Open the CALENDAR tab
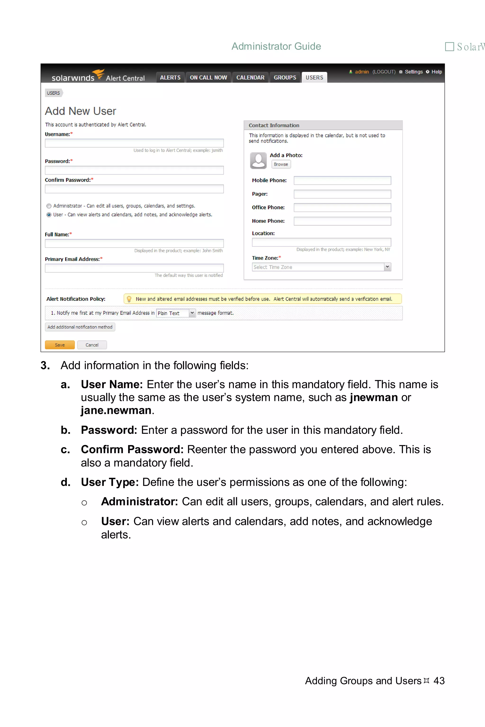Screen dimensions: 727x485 (x=250, y=78)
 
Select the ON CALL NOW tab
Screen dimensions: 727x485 (x=208, y=78)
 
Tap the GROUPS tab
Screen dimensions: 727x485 (x=285, y=78)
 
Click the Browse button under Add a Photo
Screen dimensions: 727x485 (x=281, y=164)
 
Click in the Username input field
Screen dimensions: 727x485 (x=134, y=143)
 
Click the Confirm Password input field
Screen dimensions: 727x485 (x=134, y=189)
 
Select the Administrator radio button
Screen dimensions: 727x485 (x=49, y=206)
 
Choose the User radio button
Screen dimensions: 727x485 (x=49, y=215)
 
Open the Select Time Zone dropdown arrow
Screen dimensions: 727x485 (x=387, y=267)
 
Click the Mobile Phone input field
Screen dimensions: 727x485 (x=342, y=181)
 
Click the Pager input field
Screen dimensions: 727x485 (x=342, y=194)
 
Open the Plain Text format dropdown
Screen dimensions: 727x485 (x=192, y=313)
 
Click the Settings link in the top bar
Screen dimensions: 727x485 (x=413, y=72)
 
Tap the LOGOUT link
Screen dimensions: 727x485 (x=384, y=72)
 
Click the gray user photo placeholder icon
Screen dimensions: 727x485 (x=258, y=160)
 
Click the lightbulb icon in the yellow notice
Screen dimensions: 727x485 (x=129, y=299)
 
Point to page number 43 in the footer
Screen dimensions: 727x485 (x=439, y=681)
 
